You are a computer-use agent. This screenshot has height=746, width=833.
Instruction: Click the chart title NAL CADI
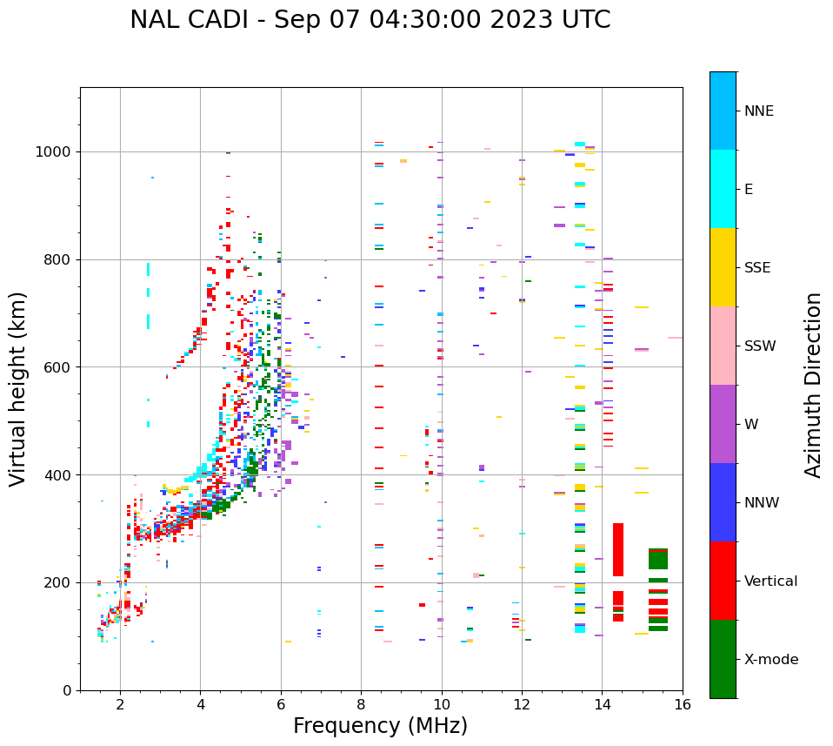coord(370,20)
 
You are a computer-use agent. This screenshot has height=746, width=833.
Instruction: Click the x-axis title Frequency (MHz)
coord(380,726)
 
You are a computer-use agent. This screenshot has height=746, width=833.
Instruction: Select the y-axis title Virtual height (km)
coord(19,388)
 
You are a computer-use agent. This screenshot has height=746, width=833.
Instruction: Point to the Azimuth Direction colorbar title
coord(813,384)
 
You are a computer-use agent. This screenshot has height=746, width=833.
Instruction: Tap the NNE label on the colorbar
coord(759,111)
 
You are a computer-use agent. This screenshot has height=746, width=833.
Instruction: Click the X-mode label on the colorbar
coord(771,660)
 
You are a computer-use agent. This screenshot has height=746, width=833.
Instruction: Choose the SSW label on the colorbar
coord(760,346)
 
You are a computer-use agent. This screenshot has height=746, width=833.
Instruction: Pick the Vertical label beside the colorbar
coord(770,581)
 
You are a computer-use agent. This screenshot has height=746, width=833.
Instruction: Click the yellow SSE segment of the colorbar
coord(723,266)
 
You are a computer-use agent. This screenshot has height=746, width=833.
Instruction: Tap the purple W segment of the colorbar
coord(723,424)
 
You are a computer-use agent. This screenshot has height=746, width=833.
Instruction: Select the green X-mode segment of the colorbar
coord(723,659)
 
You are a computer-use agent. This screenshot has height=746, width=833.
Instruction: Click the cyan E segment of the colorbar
coord(723,188)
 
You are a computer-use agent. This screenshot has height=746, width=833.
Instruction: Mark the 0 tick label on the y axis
coord(69,690)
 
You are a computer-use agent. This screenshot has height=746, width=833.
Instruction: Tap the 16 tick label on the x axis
coord(683,705)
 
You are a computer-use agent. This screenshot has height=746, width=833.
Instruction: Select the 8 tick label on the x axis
coord(361,705)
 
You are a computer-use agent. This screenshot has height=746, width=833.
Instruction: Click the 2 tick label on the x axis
coord(120,705)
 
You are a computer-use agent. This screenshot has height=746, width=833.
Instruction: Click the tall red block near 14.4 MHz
coord(618,549)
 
